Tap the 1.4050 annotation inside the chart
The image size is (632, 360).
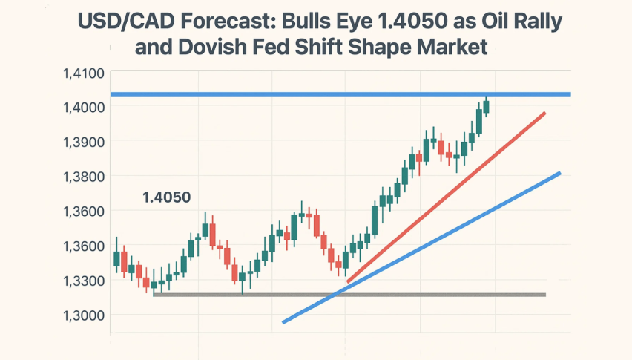[x=166, y=197]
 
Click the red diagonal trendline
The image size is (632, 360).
[x=445, y=197]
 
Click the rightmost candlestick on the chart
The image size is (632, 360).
[x=486, y=106]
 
